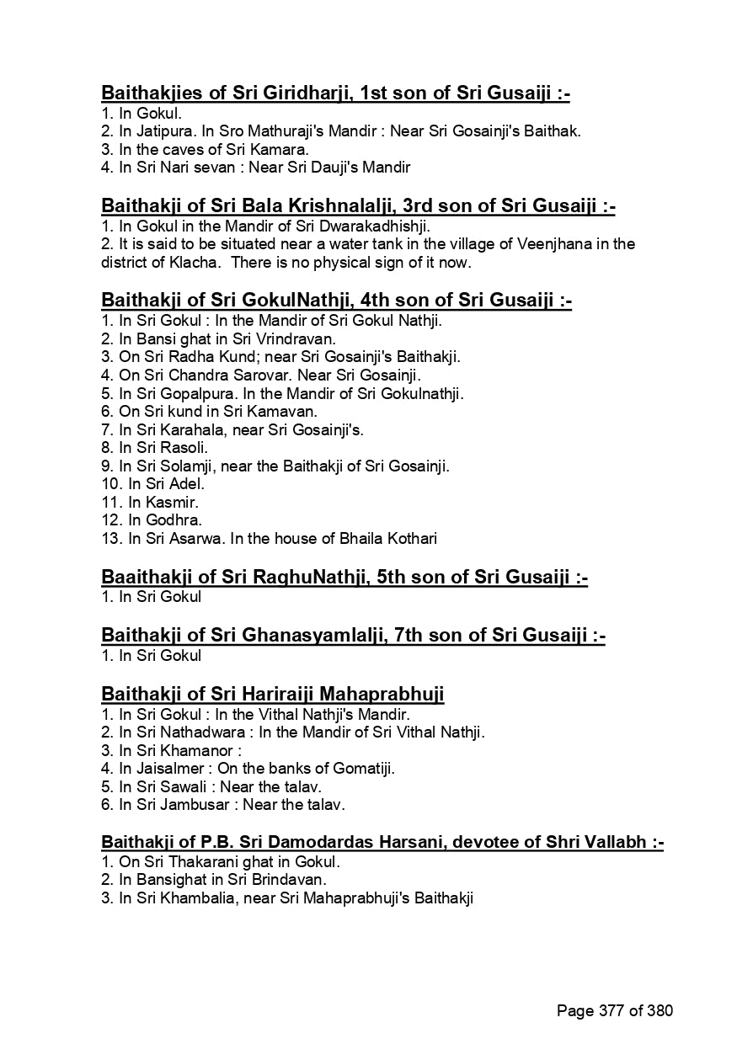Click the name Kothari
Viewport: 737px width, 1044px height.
coord(409,539)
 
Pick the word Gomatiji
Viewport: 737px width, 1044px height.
coord(363,768)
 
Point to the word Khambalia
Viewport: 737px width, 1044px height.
coord(186,899)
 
